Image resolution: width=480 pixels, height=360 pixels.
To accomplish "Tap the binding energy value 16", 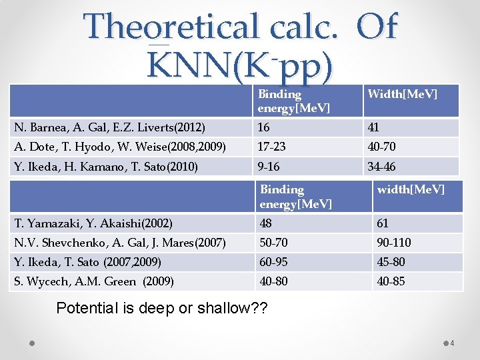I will click(264, 127).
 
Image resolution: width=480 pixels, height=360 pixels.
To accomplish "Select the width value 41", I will click(374, 127).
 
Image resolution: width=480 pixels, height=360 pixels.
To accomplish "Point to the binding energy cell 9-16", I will click(269, 167).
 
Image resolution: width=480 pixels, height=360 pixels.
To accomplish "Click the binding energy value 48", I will click(267, 223).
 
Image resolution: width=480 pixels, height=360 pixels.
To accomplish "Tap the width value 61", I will click(383, 223).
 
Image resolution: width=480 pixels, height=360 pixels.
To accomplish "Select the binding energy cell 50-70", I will click(274, 243).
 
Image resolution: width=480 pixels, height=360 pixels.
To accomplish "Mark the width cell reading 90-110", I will click(394, 243).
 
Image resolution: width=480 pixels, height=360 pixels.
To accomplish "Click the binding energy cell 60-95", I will click(274, 262).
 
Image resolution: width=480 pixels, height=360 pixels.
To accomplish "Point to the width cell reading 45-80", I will click(391, 262).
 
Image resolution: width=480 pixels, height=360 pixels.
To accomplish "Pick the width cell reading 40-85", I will click(391, 281).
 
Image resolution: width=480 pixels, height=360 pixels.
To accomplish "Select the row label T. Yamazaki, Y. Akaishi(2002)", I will click(93, 223).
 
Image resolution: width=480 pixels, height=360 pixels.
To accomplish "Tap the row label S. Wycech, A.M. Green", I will click(94, 281).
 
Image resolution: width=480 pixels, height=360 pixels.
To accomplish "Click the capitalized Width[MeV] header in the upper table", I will click(403, 94).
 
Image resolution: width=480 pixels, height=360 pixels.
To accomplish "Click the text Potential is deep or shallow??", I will click(161, 308).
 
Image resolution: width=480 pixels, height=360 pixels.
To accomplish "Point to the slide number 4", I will click(451, 343).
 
